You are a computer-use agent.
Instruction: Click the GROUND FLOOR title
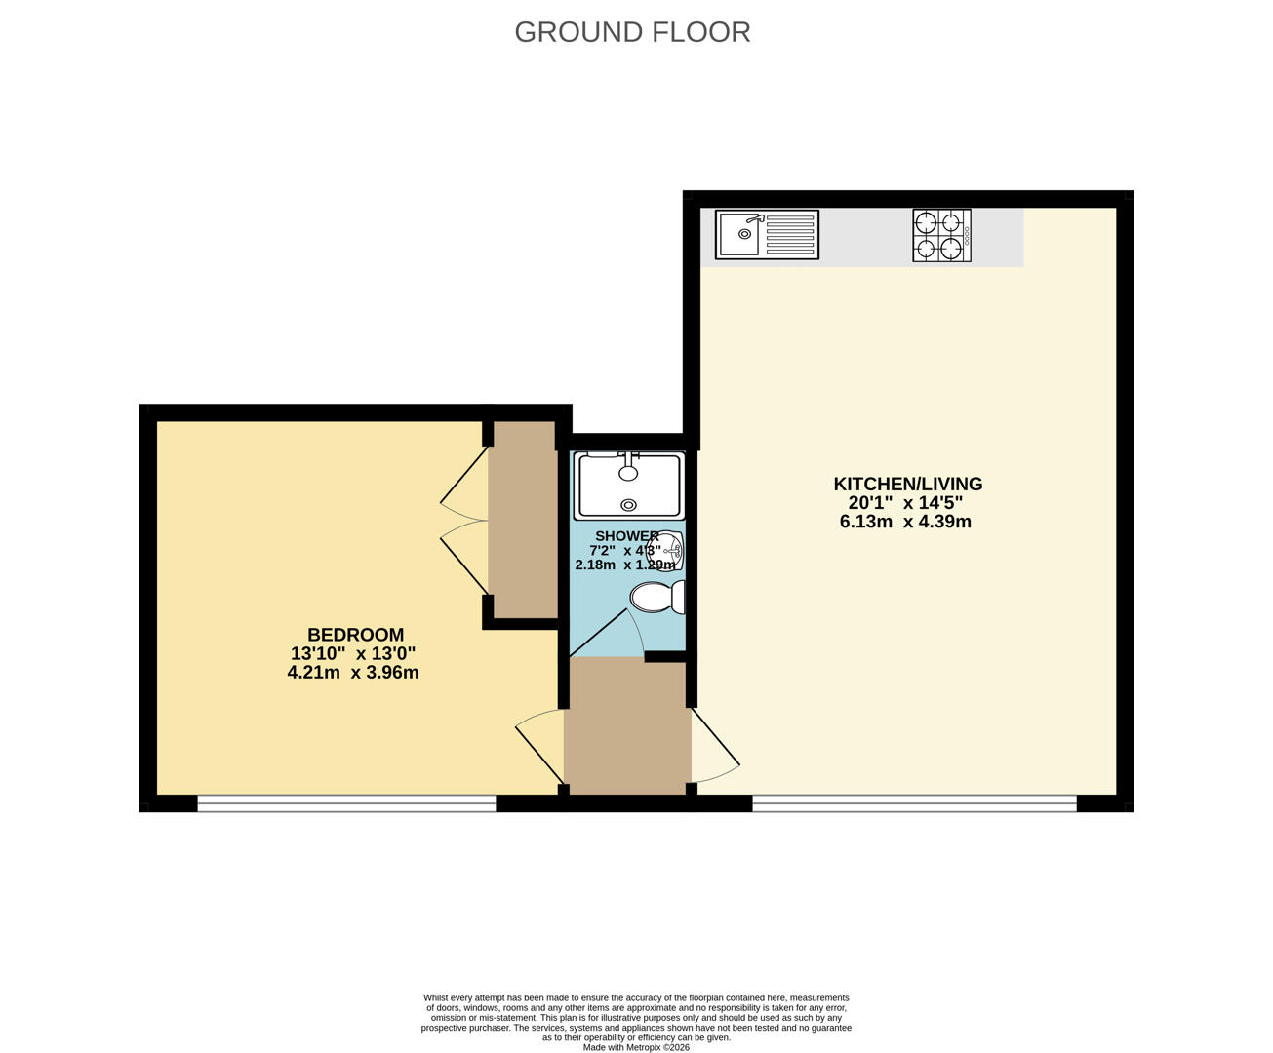coord(632,32)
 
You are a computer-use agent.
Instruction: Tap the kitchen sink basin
coord(739,234)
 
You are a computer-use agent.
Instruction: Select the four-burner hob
coord(941,235)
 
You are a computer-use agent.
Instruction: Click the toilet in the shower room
coord(657,597)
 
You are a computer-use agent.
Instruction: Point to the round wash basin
coord(665,550)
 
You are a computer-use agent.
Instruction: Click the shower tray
coord(628,486)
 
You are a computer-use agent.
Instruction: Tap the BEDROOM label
coord(355,635)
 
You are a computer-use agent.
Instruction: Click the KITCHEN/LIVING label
coord(908,484)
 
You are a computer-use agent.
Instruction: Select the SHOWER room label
coord(627,536)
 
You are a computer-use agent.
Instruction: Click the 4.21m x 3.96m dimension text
coord(353,673)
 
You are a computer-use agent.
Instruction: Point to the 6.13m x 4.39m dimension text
coord(905,522)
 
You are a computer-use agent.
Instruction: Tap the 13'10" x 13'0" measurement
coord(353,654)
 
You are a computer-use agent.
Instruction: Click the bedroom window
coord(346,803)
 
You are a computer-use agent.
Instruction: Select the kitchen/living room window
coord(915,803)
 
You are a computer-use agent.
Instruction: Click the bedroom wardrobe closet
coord(523,520)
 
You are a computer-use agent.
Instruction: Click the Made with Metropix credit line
coord(636,1047)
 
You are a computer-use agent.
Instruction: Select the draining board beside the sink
coord(790,234)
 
